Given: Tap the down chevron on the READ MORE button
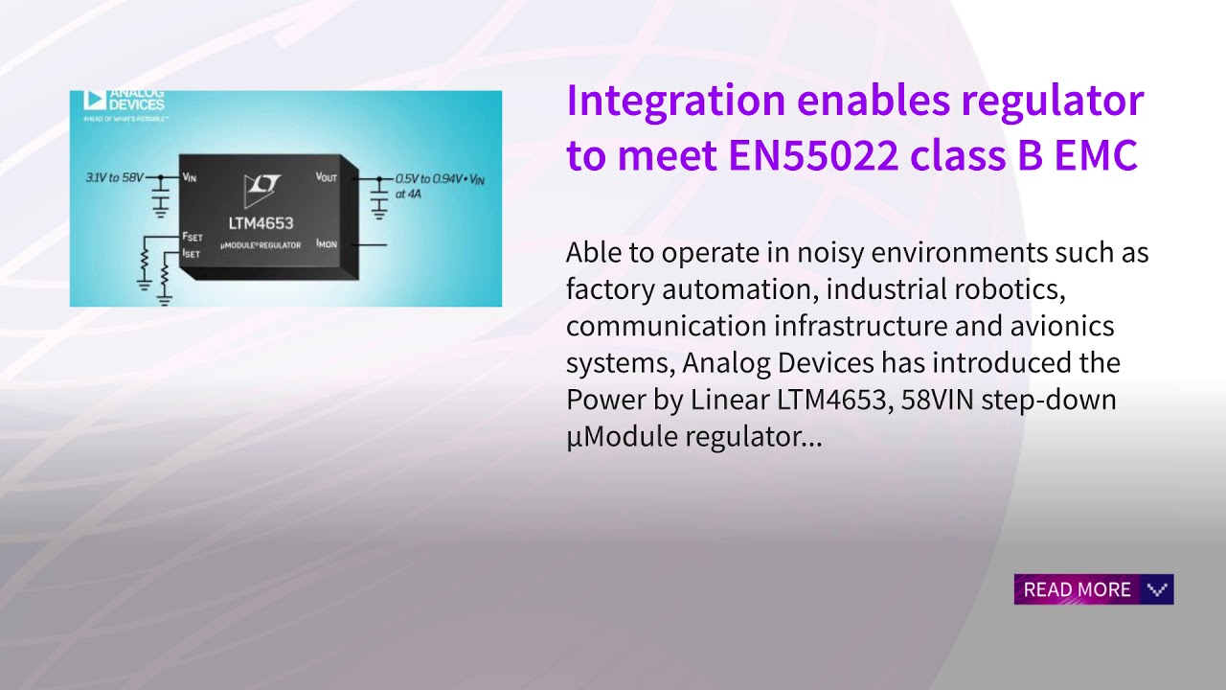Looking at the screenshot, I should pos(1157,589).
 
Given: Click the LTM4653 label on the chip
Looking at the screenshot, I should pos(261,223).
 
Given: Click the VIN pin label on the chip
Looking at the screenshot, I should pos(189,177).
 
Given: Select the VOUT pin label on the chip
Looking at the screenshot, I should pos(327,177).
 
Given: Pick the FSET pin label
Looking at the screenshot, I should pos(193,237).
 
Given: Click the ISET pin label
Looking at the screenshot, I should pos(193,253).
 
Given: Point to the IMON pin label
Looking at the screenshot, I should pos(327,244).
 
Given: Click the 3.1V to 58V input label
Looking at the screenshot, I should pos(114,177).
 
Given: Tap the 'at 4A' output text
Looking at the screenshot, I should pos(408,194).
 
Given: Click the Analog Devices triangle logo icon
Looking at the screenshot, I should pos(94,99).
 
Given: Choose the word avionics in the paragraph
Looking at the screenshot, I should pos(1062,326).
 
